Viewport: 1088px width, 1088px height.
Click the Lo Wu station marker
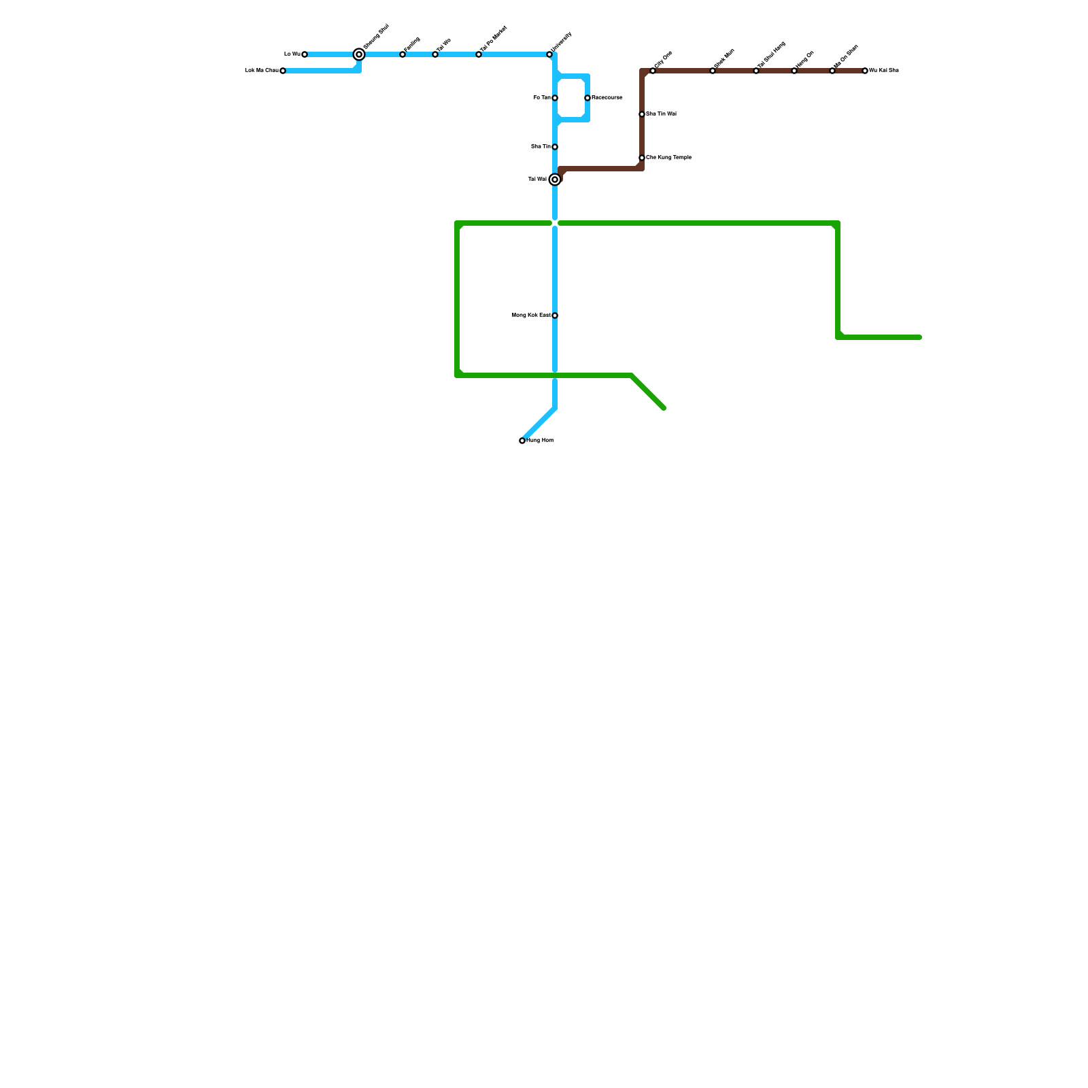click(305, 54)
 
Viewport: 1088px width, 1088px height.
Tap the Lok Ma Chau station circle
click(283, 71)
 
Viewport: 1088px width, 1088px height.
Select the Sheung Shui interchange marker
click(359, 54)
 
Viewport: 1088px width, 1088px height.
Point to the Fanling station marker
click(403, 54)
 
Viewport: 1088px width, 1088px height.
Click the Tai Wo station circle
click(435, 54)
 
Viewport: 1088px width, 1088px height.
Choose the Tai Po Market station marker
click(479, 54)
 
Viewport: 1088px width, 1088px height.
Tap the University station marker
click(549, 54)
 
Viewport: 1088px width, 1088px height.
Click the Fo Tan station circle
click(555, 98)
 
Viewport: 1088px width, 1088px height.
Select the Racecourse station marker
click(588, 98)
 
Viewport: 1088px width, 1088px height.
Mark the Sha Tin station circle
click(555, 147)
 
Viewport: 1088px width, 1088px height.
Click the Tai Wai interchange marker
click(555, 180)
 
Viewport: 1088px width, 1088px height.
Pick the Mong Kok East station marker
click(555, 316)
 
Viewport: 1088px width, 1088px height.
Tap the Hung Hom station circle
click(522, 441)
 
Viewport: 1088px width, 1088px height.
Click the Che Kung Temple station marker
click(642, 158)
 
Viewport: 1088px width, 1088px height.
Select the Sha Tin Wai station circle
click(642, 114)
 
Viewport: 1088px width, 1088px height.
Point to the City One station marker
click(653, 71)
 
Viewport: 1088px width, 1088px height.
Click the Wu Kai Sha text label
click(884, 71)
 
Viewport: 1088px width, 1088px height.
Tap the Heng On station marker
click(794, 71)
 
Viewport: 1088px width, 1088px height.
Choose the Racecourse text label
click(607, 98)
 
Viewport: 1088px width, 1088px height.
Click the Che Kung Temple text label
click(668, 158)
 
